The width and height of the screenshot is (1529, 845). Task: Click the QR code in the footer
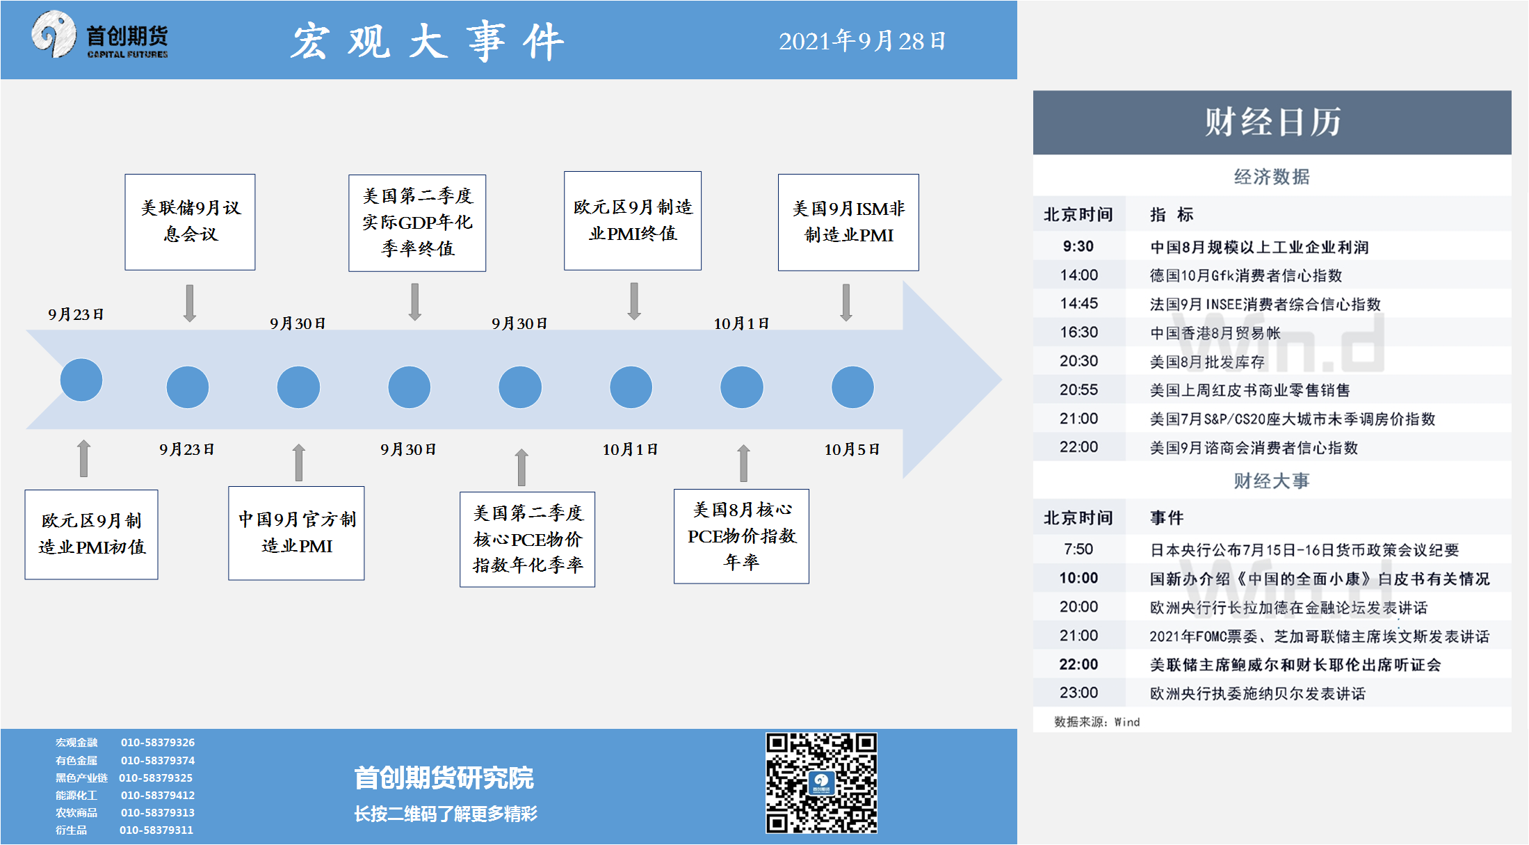point(821,782)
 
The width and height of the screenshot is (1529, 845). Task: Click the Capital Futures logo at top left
point(99,35)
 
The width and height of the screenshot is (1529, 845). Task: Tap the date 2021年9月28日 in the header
point(862,41)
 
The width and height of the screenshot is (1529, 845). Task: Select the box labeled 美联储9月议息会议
point(190,222)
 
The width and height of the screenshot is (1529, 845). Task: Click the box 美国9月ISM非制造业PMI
point(848,222)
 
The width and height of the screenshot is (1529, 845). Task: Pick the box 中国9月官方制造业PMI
point(296,533)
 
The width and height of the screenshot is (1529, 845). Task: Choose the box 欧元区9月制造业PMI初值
point(92,534)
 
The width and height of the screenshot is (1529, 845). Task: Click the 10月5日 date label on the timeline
point(852,449)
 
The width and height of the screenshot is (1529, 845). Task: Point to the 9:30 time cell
point(1078,246)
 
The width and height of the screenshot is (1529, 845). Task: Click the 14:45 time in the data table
point(1079,303)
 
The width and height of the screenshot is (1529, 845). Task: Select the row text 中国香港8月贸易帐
point(1215,333)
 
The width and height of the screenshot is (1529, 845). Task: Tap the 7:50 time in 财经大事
point(1078,549)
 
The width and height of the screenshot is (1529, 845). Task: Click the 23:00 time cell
point(1079,693)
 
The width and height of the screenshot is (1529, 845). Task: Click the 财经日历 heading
point(1272,122)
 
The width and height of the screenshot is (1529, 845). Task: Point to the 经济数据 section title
point(1272,177)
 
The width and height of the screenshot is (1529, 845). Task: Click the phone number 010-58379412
point(158,795)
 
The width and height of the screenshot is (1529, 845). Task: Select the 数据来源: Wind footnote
point(1097,722)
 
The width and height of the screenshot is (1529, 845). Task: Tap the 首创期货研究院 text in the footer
point(444,778)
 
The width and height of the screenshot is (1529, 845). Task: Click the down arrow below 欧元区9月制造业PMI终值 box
point(634,301)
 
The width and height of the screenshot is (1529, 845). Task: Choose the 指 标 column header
point(1172,214)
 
